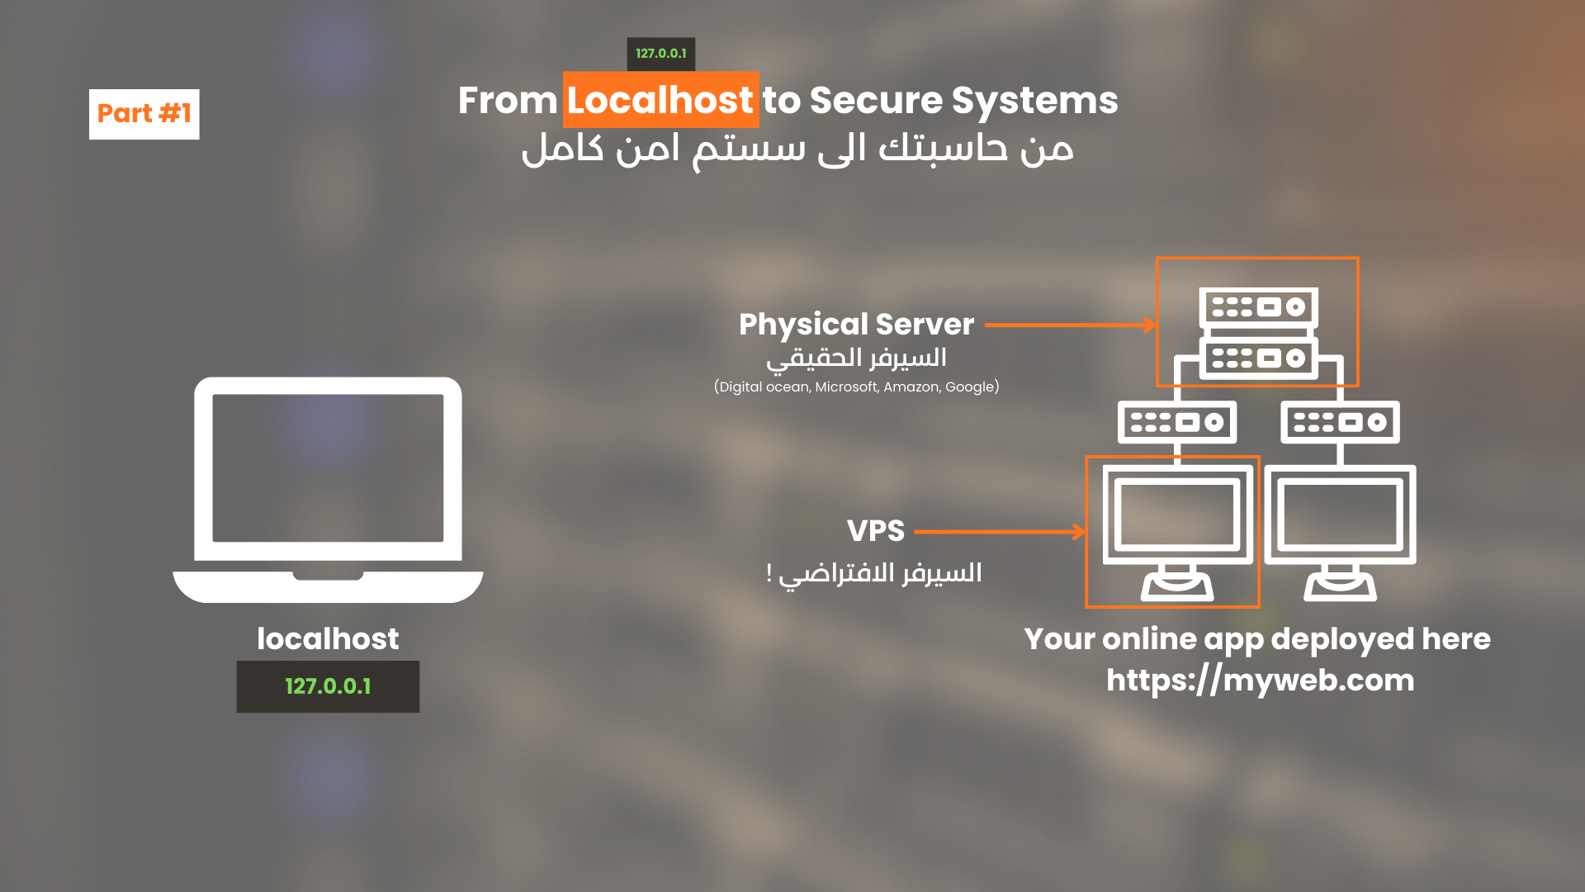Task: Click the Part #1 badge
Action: [144, 114]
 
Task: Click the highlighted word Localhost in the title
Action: [660, 100]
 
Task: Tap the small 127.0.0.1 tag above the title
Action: [660, 54]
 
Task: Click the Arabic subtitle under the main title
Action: [797, 149]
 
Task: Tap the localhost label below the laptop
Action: [328, 638]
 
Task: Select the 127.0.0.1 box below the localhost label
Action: [328, 686]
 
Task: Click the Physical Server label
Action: [856, 325]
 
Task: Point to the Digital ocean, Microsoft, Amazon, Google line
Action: [856, 387]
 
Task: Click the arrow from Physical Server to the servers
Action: [1070, 325]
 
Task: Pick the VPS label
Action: [875, 531]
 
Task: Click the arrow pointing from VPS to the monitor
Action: [1000, 532]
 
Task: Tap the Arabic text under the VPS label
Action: [874, 572]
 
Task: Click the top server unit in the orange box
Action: [1257, 308]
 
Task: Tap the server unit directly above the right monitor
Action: [1340, 422]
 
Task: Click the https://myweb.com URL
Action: [1260, 681]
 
